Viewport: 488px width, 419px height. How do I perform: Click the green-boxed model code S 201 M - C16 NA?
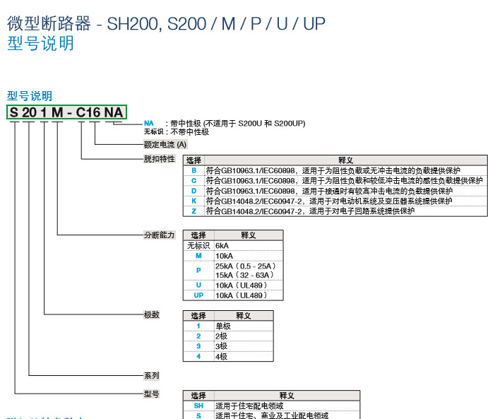66,112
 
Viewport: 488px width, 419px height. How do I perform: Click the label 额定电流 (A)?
165,144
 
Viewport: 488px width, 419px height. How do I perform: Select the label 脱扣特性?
159,159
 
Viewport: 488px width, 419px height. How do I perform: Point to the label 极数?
152,314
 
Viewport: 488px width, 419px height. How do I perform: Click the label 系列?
152,375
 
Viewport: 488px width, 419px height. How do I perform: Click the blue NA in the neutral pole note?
149,124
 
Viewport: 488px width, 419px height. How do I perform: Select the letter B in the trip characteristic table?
194,170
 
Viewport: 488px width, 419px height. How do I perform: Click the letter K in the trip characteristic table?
194,201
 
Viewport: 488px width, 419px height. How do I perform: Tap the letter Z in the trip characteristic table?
194,211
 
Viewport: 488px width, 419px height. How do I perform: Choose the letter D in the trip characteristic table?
194,191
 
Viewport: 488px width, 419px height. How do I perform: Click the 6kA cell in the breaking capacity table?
222,245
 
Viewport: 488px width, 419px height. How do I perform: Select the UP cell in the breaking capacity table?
198,295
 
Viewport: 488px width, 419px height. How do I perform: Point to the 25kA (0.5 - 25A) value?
244,266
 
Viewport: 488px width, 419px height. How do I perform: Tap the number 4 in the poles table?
198,357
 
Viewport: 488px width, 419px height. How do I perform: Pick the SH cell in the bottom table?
198,406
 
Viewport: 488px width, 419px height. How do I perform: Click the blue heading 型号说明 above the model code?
30,96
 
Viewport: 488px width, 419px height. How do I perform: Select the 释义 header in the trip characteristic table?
345,160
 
